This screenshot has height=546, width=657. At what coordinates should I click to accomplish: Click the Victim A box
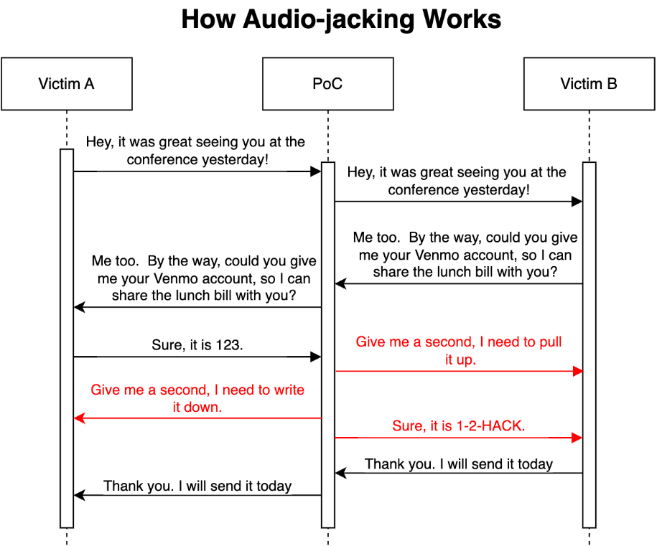[x=66, y=84]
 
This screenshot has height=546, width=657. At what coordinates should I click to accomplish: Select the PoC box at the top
[x=327, y=84]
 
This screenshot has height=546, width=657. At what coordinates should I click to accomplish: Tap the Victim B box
[x=589, y=84]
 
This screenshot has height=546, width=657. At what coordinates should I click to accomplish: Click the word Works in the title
[x=462, y=19]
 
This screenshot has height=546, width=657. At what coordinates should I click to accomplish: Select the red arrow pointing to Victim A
[x=197, y=418]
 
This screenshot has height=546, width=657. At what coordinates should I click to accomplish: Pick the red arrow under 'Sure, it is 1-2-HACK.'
[x=458, y=437]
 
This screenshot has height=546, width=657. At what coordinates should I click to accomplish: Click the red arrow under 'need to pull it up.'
[x=458, y=371]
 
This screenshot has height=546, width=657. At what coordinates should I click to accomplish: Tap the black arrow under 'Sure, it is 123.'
[x=197, y=357]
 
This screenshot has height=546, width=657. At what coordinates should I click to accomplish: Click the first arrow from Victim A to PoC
[x=197, y=171]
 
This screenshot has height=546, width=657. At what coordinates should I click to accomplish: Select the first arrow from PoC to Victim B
[x=458, y=202]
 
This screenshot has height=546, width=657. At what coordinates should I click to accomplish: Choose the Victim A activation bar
[x=67, y=337]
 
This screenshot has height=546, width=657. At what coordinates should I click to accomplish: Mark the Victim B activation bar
[x=590, y=344]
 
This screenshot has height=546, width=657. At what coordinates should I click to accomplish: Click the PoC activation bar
[x=328, y=344]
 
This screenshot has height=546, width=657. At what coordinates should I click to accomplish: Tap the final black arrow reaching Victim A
[x=197, y=495]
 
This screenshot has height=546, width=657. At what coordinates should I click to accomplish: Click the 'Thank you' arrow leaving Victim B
[x=458, y=473]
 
